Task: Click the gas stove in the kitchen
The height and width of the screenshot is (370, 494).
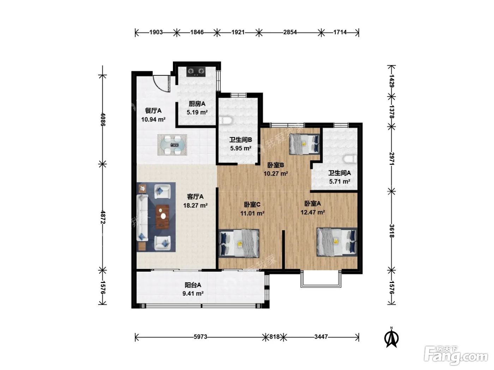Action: coord(196,72)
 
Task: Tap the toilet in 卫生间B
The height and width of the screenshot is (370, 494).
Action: coord(226,120)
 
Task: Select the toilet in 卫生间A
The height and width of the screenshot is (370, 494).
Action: coord(350,159)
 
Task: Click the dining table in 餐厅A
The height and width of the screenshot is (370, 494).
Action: coord(172,145)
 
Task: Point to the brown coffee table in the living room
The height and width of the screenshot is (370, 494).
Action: coord(163,217)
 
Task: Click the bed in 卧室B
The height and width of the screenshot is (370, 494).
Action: coord(304,144)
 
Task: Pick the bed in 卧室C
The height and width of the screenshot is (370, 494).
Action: coord(239,243)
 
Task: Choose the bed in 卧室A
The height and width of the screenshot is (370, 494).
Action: coord(337,242)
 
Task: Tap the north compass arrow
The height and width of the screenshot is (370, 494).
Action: coord(391,338)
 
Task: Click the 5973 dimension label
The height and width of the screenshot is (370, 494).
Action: coord(200,337)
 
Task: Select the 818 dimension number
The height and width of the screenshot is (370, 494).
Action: coord(275,337)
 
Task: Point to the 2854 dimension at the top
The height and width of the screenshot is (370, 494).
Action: coord(290,32)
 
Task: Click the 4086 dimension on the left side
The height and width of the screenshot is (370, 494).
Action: coord(103,119)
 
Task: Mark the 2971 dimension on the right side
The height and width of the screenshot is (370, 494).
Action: coord(392,159)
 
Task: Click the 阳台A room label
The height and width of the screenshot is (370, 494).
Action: coord(193,285)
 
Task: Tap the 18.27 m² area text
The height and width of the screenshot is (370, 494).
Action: coord(195,205)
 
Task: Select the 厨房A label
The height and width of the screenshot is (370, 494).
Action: coord(197,104)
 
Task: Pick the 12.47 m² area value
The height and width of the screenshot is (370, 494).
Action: coord(313,212)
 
